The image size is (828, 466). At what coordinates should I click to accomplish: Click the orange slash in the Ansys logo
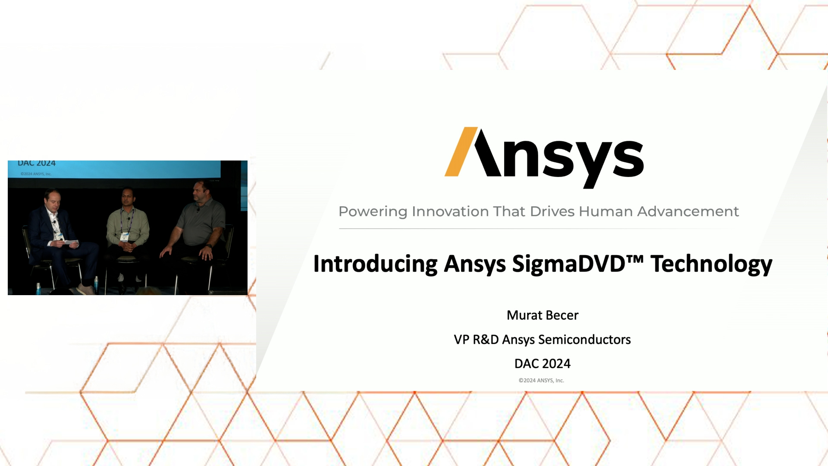coord(461,151)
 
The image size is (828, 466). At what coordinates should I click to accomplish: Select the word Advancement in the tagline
coord(688,211)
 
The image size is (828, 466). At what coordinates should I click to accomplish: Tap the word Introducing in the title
coord(375,264)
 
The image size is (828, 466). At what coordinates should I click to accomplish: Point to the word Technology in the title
coord(712,264)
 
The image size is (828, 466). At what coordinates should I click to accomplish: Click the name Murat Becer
coord(543,315)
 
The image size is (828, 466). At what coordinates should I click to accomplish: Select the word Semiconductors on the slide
coord(584,340)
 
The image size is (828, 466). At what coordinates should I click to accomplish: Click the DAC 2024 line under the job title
coord(543,364)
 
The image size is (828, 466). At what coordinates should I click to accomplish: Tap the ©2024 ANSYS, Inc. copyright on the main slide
coord(541,381)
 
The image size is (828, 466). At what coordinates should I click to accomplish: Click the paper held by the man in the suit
coord(71,242)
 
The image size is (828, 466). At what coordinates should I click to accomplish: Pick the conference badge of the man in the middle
coord(125,236)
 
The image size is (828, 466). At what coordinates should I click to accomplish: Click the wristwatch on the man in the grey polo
coord(209,246)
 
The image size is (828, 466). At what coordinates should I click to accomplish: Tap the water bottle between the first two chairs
coord(96,285)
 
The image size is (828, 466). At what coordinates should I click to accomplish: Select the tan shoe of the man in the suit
coord(86,289)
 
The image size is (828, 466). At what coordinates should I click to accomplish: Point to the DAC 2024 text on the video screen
coord(37,164)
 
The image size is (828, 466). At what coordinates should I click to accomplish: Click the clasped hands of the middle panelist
coord(128,248)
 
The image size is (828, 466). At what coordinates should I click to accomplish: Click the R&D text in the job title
coord(486,340)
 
